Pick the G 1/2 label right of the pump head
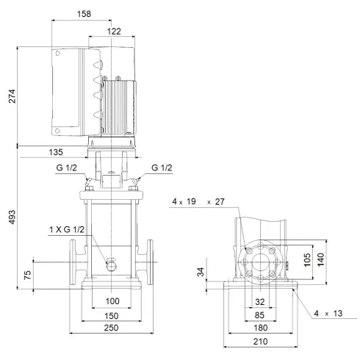[x=162, y=168]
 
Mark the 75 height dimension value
[x=28, y=276]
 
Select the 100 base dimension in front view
[x=112, y=302]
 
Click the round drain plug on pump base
[x=112, y=264]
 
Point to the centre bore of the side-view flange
[x=259, y=262]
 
